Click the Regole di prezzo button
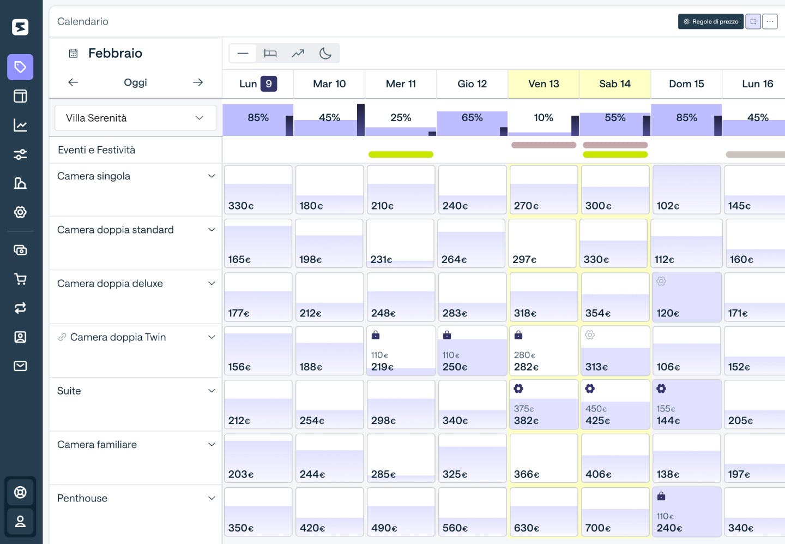(x=711, y=22)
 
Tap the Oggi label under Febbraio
(x=135, y=82)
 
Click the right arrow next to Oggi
(x=198, y=82)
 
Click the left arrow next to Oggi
(x=73, y=82)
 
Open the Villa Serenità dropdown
(x=135, y=118)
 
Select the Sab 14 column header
(x=614, y=84)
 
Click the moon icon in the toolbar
(x=325, y=53)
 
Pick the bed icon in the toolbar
(x=270, y=53)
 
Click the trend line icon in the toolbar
(x=298, y=53)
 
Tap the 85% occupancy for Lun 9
(x=258, y=118)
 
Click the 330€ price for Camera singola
(x=241, y=206)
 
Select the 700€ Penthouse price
(x=598, y=528)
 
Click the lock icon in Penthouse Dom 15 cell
(x=661, y=496)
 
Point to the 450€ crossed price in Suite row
(x=596, y=409)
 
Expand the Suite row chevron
(x=212, y=391)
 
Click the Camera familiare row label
(x=97, y=445)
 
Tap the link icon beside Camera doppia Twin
(x=62, y=337)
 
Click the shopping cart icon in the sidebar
(x=20, y=279)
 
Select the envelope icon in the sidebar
(x=20, y=366)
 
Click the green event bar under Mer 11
(x=401, y=154)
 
